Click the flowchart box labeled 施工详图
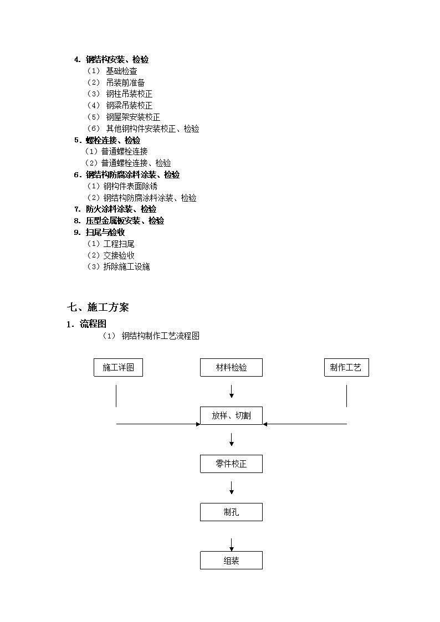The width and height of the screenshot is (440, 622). click(118, 367)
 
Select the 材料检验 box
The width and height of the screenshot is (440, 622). click(231, 367)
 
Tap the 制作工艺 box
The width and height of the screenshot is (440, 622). click(346, 367)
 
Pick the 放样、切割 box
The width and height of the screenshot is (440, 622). click(231, 416)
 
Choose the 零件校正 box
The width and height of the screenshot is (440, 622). click(231, 464)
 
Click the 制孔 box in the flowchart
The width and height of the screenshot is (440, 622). click(231, 512)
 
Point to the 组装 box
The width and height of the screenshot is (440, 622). click(231, 561)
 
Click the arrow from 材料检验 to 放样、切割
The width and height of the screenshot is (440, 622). click(232, 392)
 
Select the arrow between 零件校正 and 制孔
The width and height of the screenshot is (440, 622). click(232, 488)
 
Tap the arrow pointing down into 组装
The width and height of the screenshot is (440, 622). click(232, 544)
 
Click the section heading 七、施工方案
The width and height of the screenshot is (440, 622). click(98, 307)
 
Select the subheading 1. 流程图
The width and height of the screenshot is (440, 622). click(86, 324)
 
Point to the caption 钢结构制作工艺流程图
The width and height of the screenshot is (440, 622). click(160, 336)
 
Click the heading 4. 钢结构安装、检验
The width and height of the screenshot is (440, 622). click(111, 59)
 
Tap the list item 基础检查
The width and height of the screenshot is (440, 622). click(121, 71)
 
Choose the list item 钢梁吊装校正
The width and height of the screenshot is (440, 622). click(129, 106)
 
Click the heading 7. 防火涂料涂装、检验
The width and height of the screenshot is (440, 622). click(115, 209)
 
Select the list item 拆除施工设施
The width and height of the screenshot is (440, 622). click(126, 266)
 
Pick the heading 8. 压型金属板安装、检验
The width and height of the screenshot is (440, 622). click(119, 220)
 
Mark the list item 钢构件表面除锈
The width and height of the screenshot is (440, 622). click(131, 186)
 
